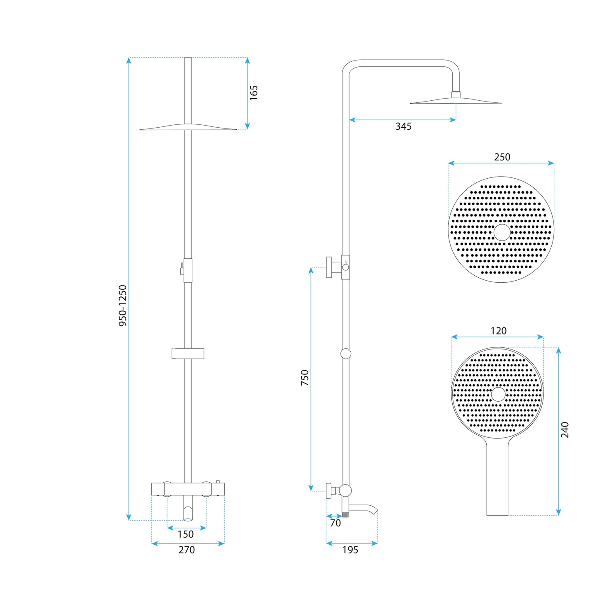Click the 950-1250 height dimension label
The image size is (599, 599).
pos(123,305)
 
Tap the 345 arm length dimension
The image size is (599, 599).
pos(403,126)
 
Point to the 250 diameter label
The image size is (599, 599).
pos(502,157)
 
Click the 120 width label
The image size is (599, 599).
pos(498,331)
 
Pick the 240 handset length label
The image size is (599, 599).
pos(565,429)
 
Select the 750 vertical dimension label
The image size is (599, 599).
pos(305,378)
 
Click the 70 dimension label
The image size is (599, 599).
pos(335,523)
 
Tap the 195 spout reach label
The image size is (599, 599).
pos(350,550)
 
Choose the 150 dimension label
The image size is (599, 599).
pos(186,534)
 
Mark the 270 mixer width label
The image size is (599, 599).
pos(187,550)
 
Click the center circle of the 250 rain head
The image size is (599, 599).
pos(502,233)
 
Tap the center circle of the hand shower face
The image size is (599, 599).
pos(498,394)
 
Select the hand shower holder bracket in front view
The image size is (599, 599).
pos(188,353)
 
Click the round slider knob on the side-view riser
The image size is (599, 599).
pos(346,354)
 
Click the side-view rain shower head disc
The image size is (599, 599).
pos(456,101)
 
